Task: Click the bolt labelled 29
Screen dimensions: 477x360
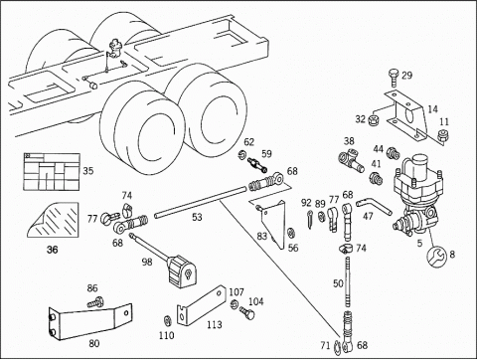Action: pyautogui.click(x=394, y=78)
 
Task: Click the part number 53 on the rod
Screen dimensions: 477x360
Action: pyautogui.click(x=197, y=217)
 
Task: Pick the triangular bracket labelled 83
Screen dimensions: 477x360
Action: pyautogui.click(x=273, y=224)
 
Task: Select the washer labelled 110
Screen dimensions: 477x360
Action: pyautogui.click(x=168, y=321)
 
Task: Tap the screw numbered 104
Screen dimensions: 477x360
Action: pyautogui.click(x=246, y=312)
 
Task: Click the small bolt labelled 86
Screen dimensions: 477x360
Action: pyautogui.click(x=95, y=302)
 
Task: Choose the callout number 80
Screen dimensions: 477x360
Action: pyautogui.click(x=94, y=343)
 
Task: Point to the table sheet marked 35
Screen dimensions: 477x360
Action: pyautogui.click(x=52, y=172)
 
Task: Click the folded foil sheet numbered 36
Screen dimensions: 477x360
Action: pyautogui.click(x=53, y=220)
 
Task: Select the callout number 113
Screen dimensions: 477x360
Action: pyautogui.click(x=215, y=324)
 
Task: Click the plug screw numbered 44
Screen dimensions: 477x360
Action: pyautogui.click(x=393, y=152)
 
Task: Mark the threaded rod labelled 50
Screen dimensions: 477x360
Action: pyautogui.click(x=347, y=281)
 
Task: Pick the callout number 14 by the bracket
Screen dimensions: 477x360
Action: pyautogui.click(x=432, y=109)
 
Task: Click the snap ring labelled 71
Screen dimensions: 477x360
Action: pyautogui.click(x=337, y=346)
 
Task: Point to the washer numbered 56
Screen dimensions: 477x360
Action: pyautogui.click(x=291, y=233)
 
